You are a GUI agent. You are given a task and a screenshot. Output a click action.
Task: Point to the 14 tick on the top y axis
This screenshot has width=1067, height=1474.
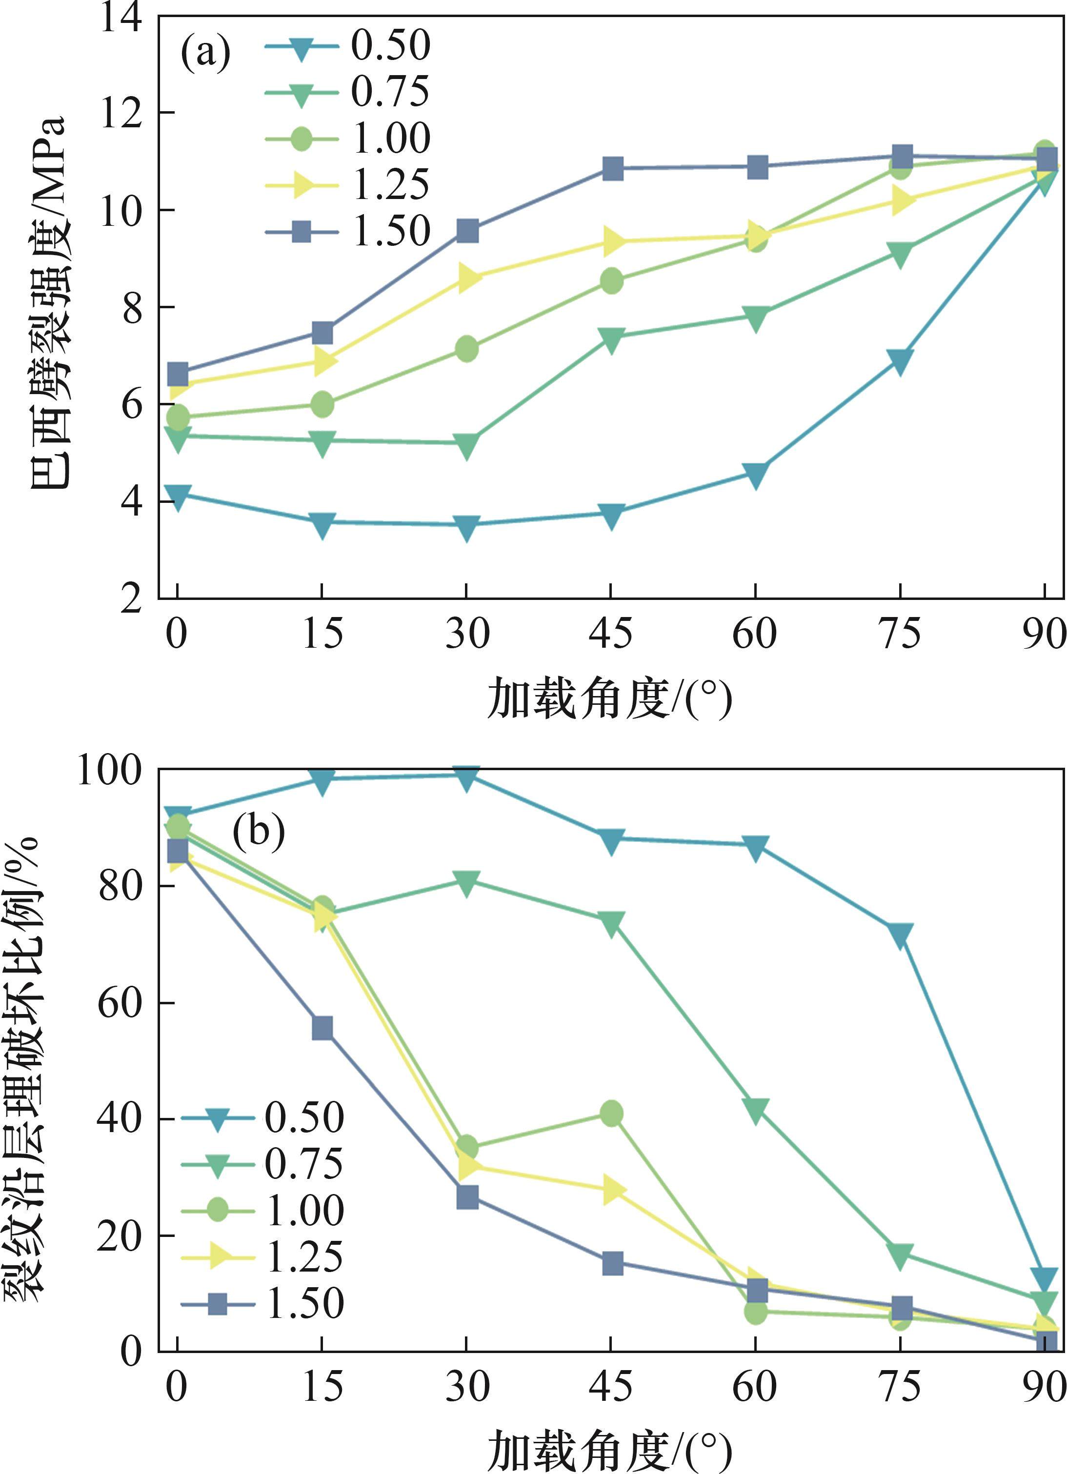(121, 18)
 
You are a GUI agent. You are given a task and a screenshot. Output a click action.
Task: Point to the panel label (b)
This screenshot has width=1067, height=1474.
(259, 831)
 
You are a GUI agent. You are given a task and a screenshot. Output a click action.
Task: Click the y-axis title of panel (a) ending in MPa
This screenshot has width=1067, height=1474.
(49, 302)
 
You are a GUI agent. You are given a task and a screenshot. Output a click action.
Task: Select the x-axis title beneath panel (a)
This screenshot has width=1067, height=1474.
(610, 698)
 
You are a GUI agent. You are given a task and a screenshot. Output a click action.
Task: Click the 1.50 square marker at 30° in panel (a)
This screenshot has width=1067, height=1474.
(467, 231)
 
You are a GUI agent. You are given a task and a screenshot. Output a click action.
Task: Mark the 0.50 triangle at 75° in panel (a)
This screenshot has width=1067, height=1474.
(900, 361)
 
